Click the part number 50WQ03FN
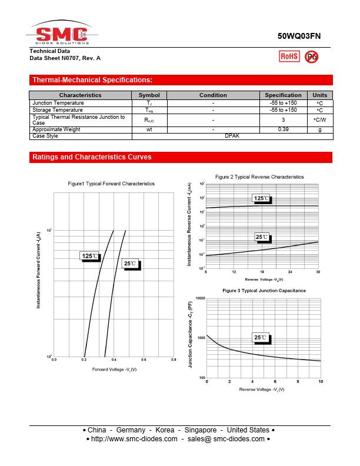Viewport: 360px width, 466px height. click(299, 36)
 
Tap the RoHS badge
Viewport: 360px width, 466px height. click(289, 56)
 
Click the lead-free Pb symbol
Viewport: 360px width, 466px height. click(312, 56)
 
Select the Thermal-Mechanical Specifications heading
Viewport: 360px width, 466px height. click(92, 80)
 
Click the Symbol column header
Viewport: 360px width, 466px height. click(149, 95)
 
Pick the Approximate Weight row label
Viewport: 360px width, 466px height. click(56, 129)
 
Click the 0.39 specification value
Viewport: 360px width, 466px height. click(283, 129)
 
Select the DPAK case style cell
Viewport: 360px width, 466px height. click(232, 136)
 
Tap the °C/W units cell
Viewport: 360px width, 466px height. click(320, 120)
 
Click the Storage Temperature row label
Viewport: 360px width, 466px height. click(58, 110)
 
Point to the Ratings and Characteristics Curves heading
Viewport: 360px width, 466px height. click(92, 158)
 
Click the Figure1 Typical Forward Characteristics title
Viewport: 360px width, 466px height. click(111, 184)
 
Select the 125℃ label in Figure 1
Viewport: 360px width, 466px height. click(90, 256)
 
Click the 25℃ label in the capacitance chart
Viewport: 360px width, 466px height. click(260, 338)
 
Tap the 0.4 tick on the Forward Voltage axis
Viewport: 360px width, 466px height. click(114, 359)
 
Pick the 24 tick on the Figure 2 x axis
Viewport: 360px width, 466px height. click(290, 272)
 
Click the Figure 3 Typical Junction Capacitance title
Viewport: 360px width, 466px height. click(264, 291)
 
